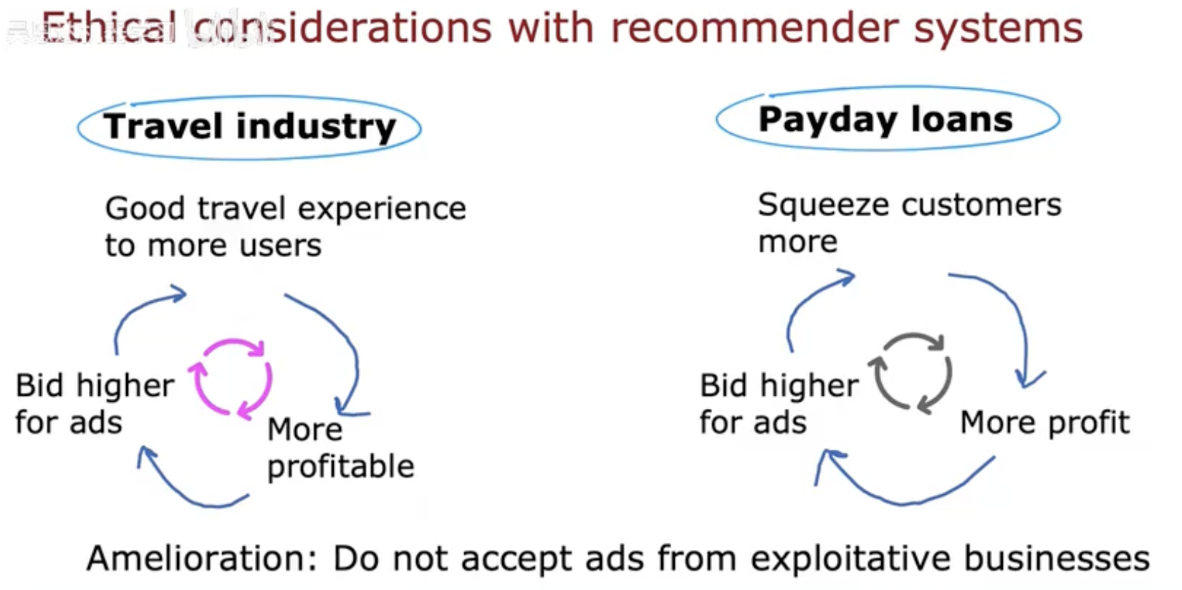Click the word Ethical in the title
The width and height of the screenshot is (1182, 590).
point(108,27)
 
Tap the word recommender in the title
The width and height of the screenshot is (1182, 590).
point(754,29)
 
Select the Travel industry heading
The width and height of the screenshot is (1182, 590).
point(249,127)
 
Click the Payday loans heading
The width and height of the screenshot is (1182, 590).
point(885,119)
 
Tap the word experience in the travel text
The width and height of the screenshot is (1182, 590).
point(382,209)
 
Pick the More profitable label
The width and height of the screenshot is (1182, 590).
point(341,448)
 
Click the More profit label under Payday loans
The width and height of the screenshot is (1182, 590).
point(1044,423)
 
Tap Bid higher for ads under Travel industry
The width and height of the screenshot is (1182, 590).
point(95,404)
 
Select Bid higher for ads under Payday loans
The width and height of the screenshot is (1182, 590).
point(779,404)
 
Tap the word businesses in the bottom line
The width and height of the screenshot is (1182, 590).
point(1057,558)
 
